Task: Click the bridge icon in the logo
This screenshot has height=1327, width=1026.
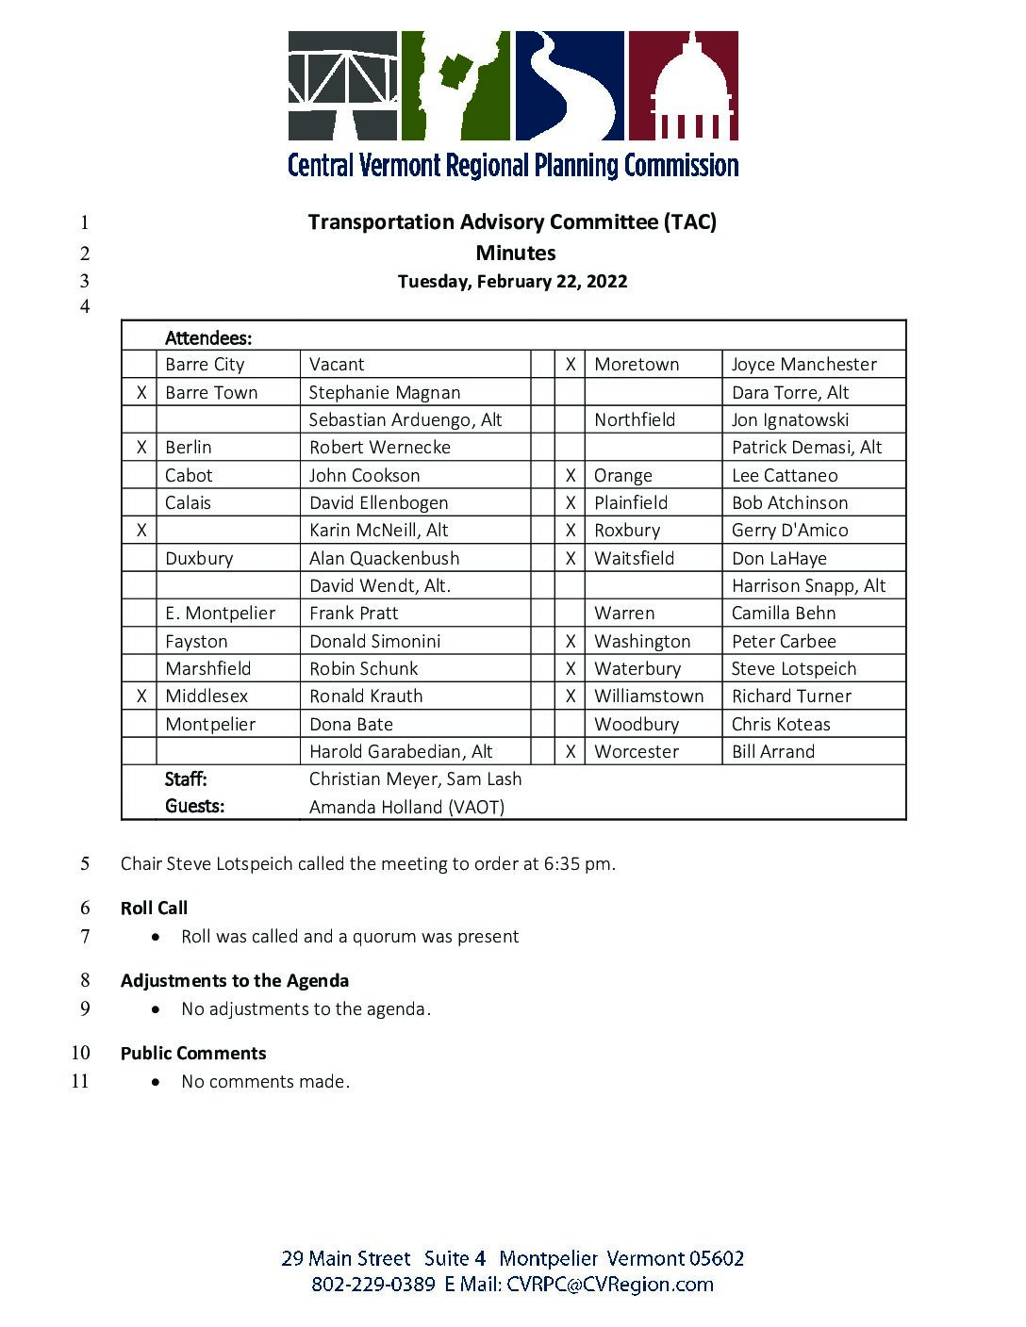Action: (x=342, y=85)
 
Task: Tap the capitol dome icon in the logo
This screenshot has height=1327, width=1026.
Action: (x=684, y=85)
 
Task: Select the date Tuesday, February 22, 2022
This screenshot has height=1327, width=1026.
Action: (x=512, y=281)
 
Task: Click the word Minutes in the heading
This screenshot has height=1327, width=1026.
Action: (x=515, y=253)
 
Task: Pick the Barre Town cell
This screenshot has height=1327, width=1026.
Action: (x=211, y=392)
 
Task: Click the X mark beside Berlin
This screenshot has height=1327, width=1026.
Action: (x=141, y=448)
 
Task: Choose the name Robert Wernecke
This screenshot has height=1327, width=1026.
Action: (x=380, y=448)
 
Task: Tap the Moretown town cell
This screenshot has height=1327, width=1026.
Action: (x=637, y=365)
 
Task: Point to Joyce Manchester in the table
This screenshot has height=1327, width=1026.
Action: (x=803, y=365)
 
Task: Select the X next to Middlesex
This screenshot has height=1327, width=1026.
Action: (x=141, y=696)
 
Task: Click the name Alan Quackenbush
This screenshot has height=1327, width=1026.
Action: (x=385, y=558)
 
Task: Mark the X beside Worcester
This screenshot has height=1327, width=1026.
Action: (x=571, y=752)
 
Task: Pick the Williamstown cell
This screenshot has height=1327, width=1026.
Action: (x=649, y=696)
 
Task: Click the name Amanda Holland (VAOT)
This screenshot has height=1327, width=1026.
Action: (x=406, y=807)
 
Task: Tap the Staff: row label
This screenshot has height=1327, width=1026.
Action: (x=186, y=779)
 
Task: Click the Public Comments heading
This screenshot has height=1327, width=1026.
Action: (x=193, y=1054)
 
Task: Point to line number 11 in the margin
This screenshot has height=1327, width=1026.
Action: (x=80, y=1081)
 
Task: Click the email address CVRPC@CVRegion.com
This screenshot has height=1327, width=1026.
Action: (x=609, y=1285)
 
